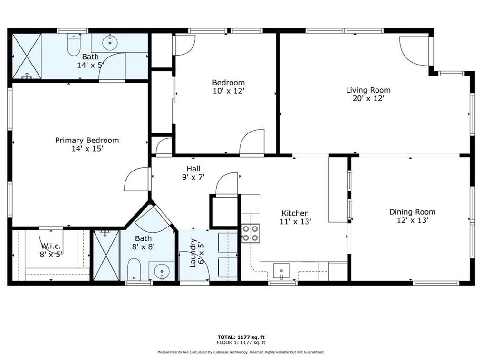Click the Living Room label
click(x=368, y=90)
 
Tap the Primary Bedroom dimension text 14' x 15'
click(x=87, y=149)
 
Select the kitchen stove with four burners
click(x=251, y=233)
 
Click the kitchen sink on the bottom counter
click(x=282, y=271)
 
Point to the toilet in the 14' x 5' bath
click(x=74, y=45)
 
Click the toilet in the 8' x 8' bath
click(x=134, y=269)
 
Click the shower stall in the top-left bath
click(x=26, y=56)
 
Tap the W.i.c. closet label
click(x=50, y=246)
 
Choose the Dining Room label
click(x=412, y=212)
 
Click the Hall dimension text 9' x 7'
click(x=193, y=177)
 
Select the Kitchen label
click(x=295, y=213)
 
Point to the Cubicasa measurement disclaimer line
click(x=241, y=352)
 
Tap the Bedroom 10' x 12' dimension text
click(x=228, y=91)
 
